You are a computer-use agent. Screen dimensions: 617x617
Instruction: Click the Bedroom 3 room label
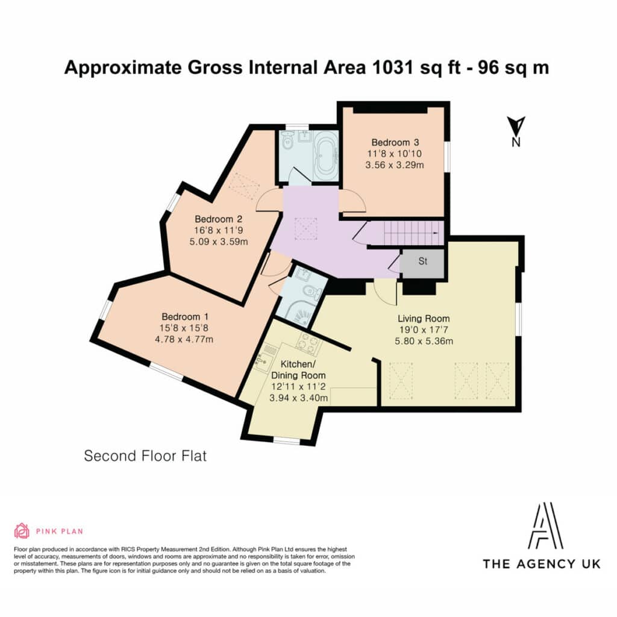pos(395,142)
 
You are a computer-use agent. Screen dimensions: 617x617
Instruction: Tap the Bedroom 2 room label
pos(218,219)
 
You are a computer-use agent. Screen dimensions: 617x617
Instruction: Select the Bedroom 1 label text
pos(185,317)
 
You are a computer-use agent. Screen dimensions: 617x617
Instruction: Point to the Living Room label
pos(424,318)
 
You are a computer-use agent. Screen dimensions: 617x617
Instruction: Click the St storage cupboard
pos(422,263)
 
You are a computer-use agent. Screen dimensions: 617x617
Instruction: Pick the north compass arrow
pos(516,126)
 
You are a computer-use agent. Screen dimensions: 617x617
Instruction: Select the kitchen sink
pos(262,360)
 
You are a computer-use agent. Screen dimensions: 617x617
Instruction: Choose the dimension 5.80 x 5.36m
pos(424,341)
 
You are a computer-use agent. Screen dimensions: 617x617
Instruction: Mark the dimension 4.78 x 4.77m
pos(184,339)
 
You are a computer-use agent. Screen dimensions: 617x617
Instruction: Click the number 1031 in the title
pos(392,67)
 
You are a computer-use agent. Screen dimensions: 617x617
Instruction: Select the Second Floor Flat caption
pos(145,456)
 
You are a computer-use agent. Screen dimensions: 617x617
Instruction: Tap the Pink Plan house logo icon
pos(22,531)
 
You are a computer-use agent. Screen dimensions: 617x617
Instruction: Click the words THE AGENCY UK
pos(542,564)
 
